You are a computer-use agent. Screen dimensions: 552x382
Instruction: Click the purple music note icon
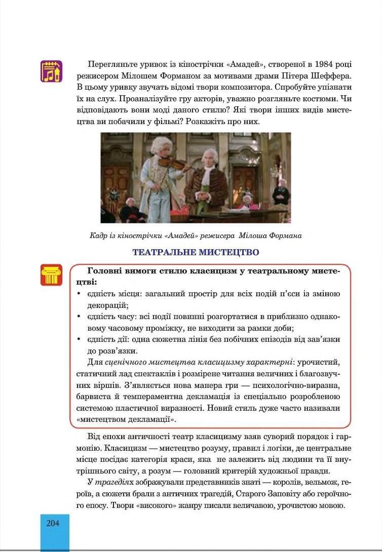pyautogui.click(x=51, y=71)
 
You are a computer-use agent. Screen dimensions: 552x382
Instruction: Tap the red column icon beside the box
pyautogui.click(x=51, y=274)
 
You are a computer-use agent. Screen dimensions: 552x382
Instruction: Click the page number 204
pyautogui.click(x=53, y=523)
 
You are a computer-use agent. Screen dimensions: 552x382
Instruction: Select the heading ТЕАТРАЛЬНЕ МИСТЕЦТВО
pyautogui.click(x=196, y=252)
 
